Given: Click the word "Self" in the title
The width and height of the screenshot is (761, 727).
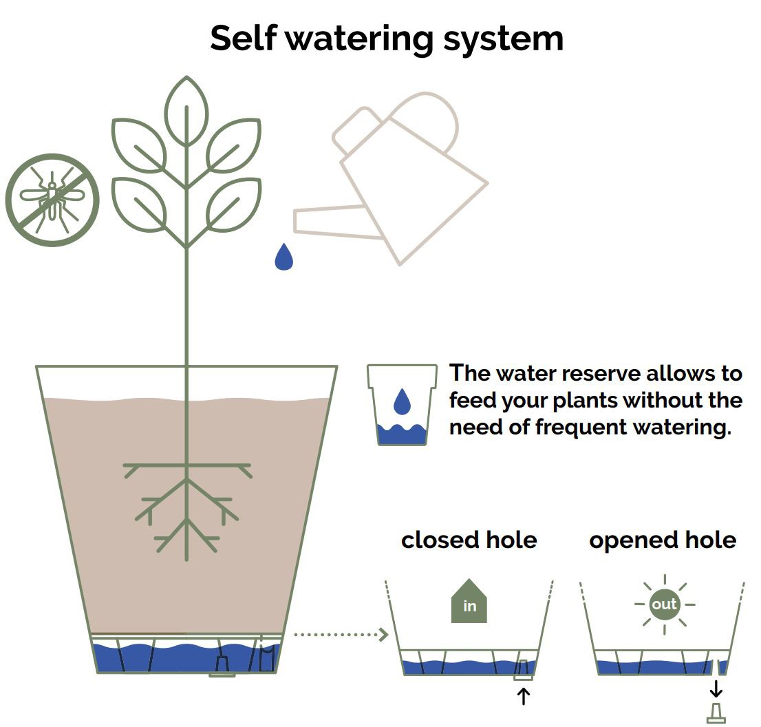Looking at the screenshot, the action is coord(244,38).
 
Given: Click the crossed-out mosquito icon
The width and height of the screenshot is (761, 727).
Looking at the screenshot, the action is coord(52,200).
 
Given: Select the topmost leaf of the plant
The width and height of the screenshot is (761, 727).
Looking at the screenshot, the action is coord(186,111).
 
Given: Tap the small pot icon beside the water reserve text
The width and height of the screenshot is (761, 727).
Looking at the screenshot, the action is coord(402,405).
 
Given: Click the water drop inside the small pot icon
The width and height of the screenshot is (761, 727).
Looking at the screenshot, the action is coord(402,401).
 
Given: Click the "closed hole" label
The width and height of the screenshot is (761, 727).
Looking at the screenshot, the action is coord(469,540).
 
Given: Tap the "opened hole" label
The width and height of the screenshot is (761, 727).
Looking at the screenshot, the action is coord(663,541).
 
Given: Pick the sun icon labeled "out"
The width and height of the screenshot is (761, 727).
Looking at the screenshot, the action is coord(665,604).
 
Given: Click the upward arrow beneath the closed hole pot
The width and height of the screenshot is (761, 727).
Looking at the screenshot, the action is coord(523,697).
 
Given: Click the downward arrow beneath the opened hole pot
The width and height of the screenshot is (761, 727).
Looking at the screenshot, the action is coord(716,688).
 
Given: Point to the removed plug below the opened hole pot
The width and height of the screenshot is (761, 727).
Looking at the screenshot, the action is coord(716,713).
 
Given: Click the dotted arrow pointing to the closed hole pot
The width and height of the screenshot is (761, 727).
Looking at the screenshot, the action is coord(341,634).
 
